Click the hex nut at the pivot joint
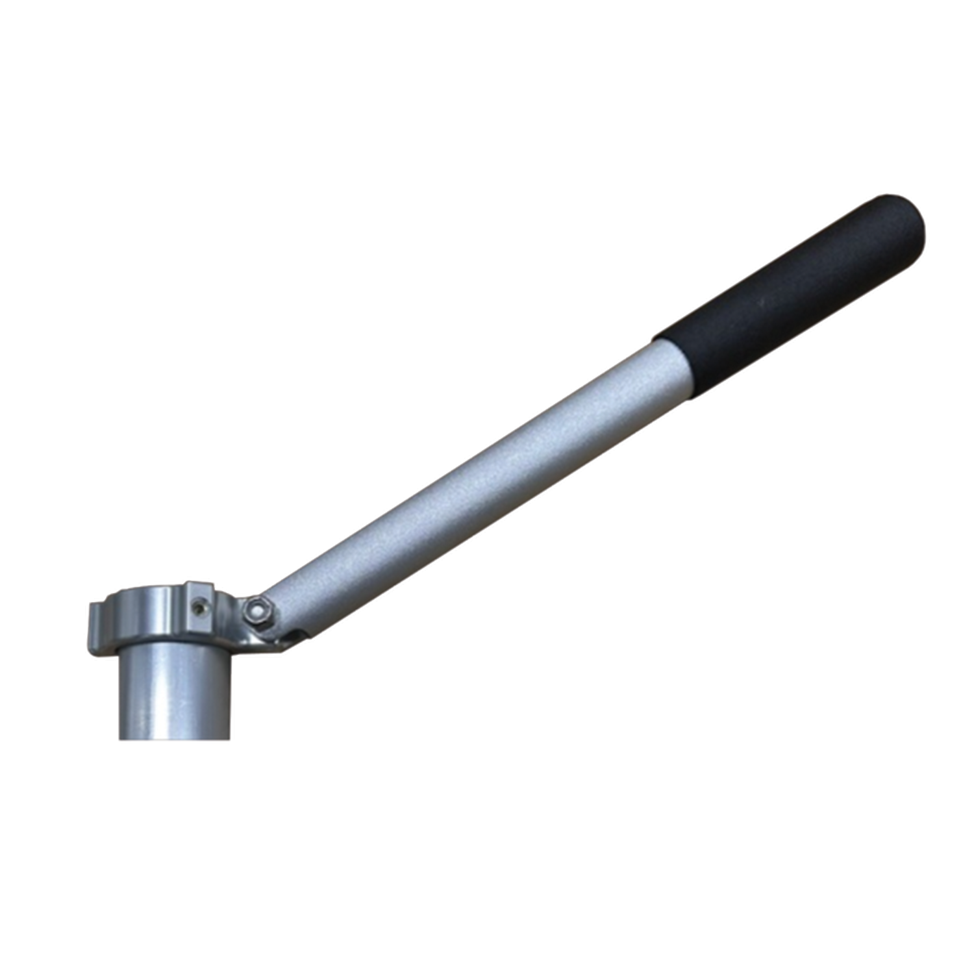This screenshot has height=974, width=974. (258, 611)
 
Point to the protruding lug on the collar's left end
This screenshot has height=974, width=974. (97, 627)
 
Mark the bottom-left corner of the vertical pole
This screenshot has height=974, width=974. (120, 738)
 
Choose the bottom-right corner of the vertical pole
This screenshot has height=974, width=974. (229, 737)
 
